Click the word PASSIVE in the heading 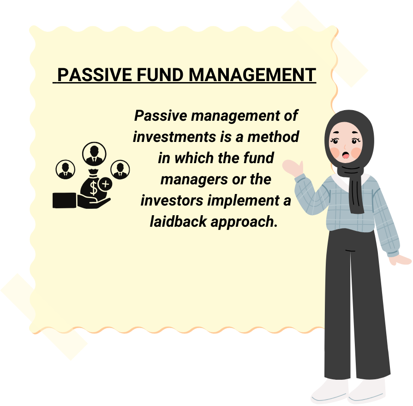tap(95, 75)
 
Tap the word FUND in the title tap(160, 75)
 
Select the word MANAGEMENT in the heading tap(252, 75)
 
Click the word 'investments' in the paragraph tap(174, 137)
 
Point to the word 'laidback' tap(178, 221)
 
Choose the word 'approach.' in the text tap(244, 222)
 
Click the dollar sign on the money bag tap(93, 188)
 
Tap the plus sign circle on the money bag tap(105, 184)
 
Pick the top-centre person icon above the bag tap(94, 153)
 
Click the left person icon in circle tap(66, 169)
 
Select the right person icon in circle tap(120, 169)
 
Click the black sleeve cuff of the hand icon tap(65, 200)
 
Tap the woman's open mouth tap(346, 155)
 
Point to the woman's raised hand tap(293, 168)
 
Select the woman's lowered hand tap(400, 260)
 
